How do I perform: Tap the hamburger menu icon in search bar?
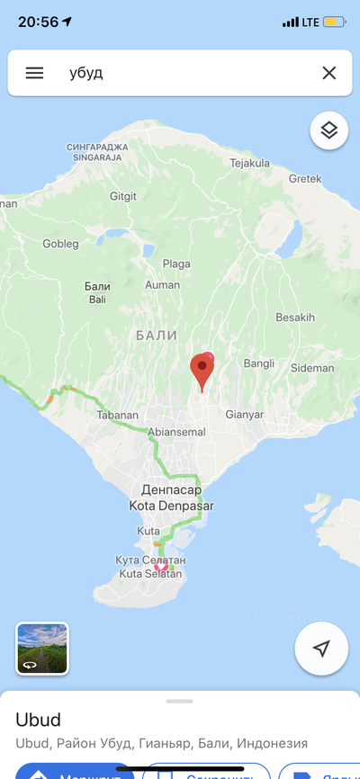coord(34,73)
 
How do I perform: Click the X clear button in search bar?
coord(329,73)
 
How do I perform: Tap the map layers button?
coord(329,130)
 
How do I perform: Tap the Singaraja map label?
coord(98,152)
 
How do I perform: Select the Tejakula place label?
coord(250,163)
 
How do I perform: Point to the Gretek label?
coord(305,178)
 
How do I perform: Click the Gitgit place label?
coord(123,196)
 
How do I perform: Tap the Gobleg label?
coord(60,244)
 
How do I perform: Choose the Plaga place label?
coord(176,264)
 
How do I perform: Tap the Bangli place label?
coord(258,363)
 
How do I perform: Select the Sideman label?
coord(312,369)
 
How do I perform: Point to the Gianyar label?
coord(245,415)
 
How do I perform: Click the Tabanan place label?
coord(118,415)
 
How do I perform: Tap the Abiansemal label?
coord(176,432)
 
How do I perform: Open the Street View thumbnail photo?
coord(42,649)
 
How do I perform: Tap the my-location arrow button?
coord(321,649)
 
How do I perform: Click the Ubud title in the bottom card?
coord(38,721)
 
